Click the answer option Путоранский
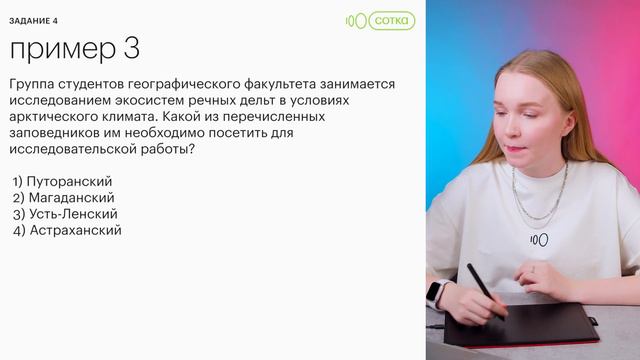[70, 181]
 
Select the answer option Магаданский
[71, 198]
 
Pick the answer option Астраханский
[74, 230]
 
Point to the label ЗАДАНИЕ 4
[34, 20]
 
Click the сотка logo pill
[390, 20]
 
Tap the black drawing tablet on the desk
[520, 325]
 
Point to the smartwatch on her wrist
[436, 293]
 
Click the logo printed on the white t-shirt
[538, 240]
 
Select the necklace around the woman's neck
[540, 200]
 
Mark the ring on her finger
[533, 269]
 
